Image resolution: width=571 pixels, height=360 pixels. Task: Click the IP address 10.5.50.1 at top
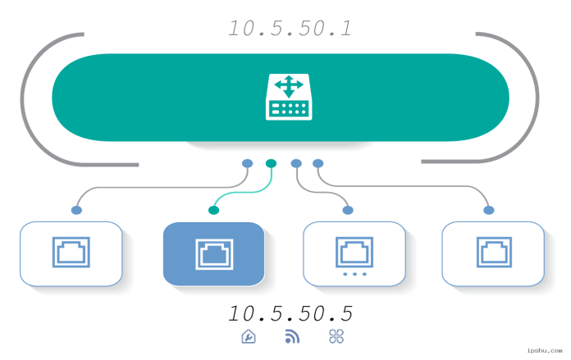pos(290,29)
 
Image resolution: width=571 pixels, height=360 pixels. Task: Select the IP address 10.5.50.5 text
pos(290,314)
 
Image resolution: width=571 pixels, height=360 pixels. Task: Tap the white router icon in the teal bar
pos(288,97)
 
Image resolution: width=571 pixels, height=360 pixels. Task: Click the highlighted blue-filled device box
pos(213,253)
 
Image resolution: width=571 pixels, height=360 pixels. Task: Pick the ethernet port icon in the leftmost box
pos(71,253)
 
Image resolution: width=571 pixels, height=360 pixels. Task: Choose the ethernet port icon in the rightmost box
pos(492,253)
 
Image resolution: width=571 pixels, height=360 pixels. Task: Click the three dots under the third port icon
pos(354,274)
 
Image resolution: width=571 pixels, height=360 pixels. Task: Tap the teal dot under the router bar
pos(272,163)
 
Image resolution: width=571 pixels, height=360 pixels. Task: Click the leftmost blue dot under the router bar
pos(247,163)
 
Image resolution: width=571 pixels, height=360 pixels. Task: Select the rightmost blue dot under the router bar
pos(318,163)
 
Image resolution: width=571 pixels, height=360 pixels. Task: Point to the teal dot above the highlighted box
pos(213,211)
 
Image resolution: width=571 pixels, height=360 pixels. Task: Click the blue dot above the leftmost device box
pos(76,211)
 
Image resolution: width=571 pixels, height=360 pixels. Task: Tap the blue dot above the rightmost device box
pos(489,211)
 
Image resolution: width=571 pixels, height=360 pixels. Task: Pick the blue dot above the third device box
pos(348,211)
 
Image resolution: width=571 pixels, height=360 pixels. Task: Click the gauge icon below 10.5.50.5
pos(249,336)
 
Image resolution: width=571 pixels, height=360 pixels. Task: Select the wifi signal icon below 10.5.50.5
pos(292,336)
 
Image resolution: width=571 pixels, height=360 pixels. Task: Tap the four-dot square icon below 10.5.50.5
pos(336,336)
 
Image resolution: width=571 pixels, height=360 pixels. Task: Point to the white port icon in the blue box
pos(213,253)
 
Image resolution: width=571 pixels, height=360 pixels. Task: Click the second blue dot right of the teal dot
pos(318,163)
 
